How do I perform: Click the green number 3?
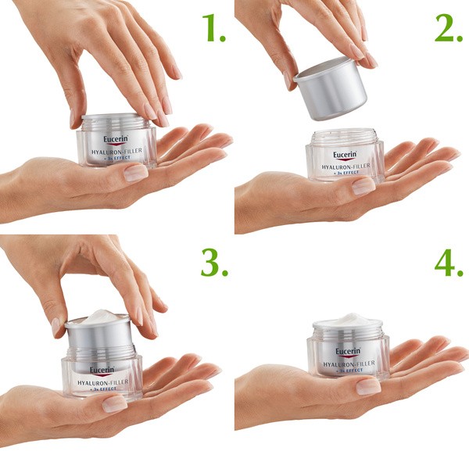pos(213,263)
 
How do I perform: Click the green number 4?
pos(449,263)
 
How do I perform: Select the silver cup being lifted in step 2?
pos(330,88)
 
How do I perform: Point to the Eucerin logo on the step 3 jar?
pos(103,370)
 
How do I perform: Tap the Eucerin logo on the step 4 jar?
pos(347,352)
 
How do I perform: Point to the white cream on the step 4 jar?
pos(348,320)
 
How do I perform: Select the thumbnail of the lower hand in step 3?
pos(114,403)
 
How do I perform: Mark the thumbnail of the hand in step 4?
pos(368,386)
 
